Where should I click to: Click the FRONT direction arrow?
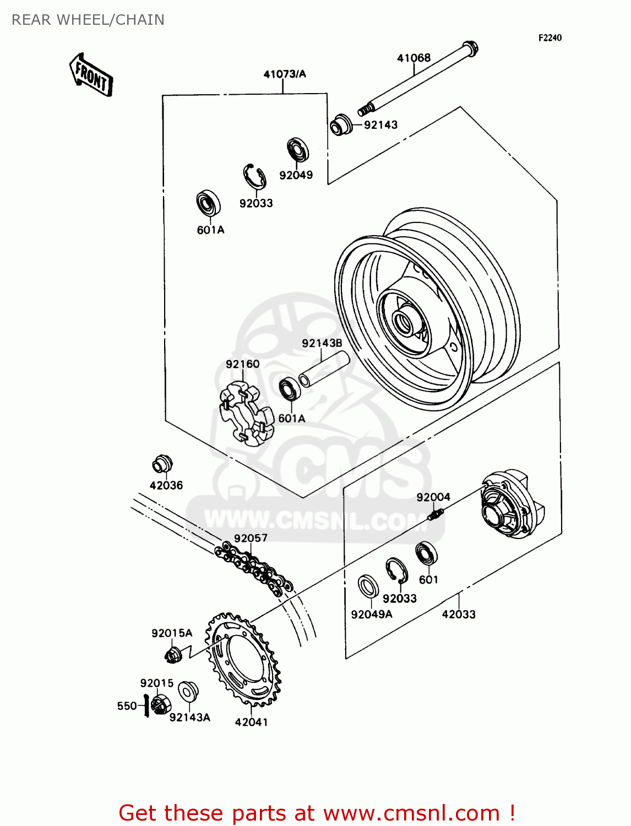(x=91, y=75)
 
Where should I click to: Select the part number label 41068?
(x=414, y=58)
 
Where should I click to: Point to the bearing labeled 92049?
(x=297, y=150)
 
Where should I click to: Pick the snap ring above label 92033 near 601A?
(x=255, y=177)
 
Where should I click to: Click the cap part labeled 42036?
(x=162, y=464)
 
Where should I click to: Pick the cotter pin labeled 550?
(x=146, y=705)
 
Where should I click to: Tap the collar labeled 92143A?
(x=188, y=692)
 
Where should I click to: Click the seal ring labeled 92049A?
(x=368, y=586)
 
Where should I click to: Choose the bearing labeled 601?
(x=426, y=553)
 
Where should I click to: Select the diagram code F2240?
(x=550, y=37)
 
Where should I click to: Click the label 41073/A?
(x=284, y=74)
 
